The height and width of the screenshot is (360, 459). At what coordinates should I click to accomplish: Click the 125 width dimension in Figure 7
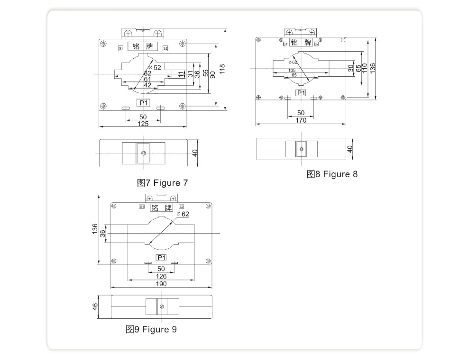[143, 124]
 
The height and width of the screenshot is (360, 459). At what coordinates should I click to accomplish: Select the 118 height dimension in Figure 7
[222, 69]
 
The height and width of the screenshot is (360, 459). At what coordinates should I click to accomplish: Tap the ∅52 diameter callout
[155, 67]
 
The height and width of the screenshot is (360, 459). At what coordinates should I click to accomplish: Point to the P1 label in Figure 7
[143, 103]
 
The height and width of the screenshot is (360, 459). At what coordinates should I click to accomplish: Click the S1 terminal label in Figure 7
[120, 48]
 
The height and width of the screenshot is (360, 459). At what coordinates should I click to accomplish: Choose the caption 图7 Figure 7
[162, 183]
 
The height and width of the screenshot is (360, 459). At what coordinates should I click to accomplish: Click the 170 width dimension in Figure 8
[301, 120]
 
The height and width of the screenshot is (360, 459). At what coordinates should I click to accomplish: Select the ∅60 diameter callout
[293, 62]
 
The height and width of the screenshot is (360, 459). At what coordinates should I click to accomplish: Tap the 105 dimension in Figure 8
[292, 70]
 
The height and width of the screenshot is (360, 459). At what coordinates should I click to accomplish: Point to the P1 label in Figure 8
[301, 93]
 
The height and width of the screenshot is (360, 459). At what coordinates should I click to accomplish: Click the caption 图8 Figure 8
[332, 174]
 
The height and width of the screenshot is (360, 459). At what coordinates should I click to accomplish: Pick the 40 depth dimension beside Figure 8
[350, 149]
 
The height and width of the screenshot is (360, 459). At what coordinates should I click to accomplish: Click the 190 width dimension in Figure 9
[161, 284]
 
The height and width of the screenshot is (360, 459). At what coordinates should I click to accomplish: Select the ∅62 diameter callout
[183, 214]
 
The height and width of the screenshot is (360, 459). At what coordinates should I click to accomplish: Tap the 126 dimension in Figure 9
[161, 276]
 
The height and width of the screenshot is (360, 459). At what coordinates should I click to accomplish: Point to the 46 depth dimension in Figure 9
[95, 306]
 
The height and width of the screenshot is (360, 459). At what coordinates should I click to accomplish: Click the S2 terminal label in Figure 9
[181, 207]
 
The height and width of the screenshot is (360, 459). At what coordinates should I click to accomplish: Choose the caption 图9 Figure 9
[151, 329]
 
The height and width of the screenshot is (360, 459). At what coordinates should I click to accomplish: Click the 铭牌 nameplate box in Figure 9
[161, 207]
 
